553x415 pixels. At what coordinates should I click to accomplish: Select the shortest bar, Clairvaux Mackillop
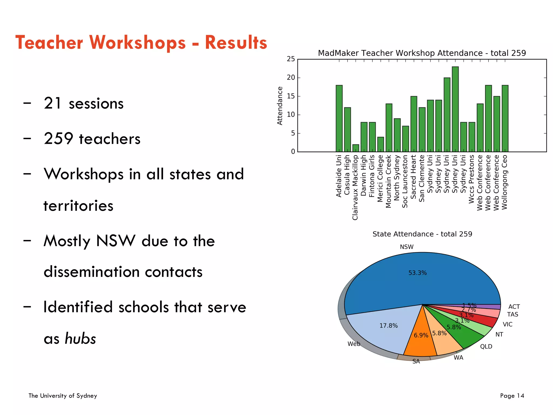[x=356, y=148]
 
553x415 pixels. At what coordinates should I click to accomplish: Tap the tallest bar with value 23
[x=455, y=109]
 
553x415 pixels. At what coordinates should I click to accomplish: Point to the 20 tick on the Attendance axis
[x=291, y=78]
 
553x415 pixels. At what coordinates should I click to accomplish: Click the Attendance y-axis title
[x=280, y=106]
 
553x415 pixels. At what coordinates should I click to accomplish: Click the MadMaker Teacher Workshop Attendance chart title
[x=422, y=53]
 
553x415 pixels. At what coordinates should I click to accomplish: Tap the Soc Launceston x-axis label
[x=405, y=181]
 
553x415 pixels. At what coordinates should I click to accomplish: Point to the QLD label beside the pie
[x=486, y=346]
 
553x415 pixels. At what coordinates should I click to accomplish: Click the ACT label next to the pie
[x=514, y=307]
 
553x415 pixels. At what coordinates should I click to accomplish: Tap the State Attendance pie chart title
[x=422, y=234]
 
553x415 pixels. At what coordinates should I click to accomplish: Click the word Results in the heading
[x=236, y=43]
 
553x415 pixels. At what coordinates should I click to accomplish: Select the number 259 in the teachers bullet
[x=58, y=139]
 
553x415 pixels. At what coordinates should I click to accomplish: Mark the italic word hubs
[x=80, y=339]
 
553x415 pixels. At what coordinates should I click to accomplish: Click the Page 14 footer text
[x=512, y=396]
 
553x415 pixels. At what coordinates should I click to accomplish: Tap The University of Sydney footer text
[x=63, y=396]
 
